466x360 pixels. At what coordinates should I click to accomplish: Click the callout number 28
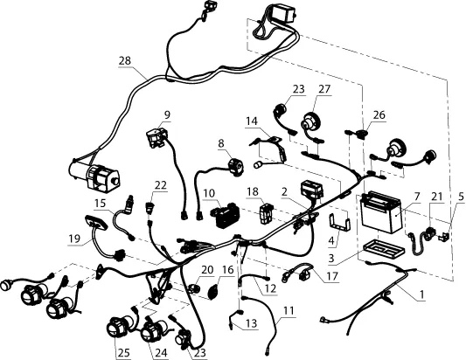click(125, 61)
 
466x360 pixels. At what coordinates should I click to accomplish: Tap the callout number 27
click(324, 89)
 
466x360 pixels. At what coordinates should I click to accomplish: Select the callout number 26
click(379, 114)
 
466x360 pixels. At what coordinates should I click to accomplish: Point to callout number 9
click(167, 115)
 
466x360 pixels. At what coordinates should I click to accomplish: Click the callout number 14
click(252, 121)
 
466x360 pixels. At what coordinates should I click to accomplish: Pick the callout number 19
click(74, 239)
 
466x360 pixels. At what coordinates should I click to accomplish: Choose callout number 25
click(123, 353)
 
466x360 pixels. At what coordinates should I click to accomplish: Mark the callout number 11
click(289, 311)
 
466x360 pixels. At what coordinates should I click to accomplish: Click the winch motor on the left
click(94, 177)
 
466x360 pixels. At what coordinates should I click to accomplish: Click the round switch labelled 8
click(235, 167)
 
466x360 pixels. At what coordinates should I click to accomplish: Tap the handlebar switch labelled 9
click(156, 137)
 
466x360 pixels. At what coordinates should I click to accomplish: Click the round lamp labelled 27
click(312, 123)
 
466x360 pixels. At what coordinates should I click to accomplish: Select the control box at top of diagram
click(284, 14)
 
